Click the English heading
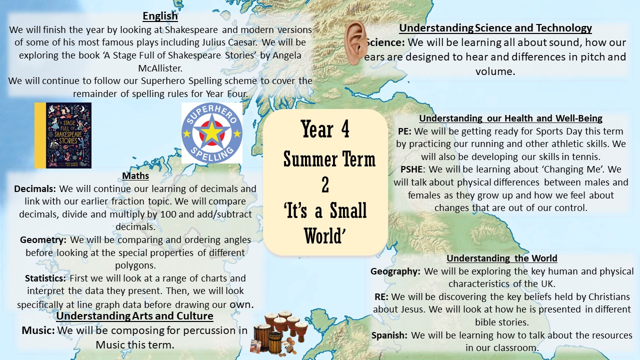coord(160,16)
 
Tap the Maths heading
coord(135,175)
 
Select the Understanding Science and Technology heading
coord(495,28)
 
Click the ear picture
coord(355,43)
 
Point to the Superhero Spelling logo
coord(211,133)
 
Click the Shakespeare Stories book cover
coord(63,135)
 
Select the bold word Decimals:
coord(35,189)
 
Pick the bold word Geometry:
coord(43,239)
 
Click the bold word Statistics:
coord(45,278)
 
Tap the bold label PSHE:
coord(413,169)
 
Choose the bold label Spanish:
coord(389,335)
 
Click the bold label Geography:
coord(395,271)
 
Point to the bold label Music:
coord(38,330)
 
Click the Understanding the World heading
coord(501,258)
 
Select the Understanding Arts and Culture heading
coord(134,316)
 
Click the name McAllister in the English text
coord(160,68)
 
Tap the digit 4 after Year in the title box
coord(345,129)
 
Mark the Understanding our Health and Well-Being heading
coord(510,118)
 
